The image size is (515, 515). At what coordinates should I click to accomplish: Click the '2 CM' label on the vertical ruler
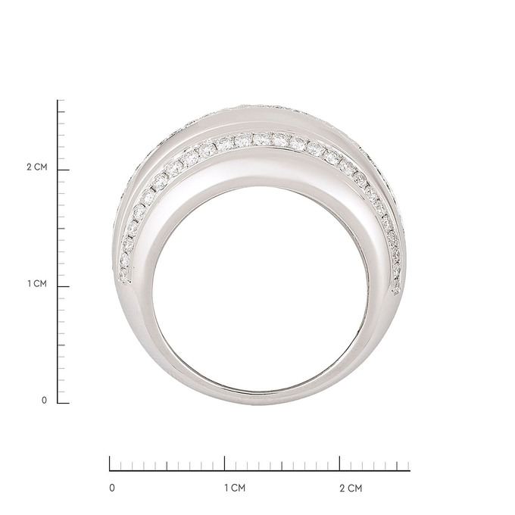pyautogui.click(x=37, y=167)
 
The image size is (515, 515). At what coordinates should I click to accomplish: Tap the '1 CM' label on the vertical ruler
pyautogui.click(x=37, y=284)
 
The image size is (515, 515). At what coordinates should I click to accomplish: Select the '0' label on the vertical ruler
pyautogui.click(x=45, y=401)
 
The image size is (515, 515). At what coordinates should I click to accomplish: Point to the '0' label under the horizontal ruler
pyautogui.click(x=112, y=488)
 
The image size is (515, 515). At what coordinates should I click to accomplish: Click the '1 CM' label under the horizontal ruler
pyautogui.click(x=236, y=488)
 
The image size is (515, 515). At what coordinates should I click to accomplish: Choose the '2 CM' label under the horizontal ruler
pyautogui.click(x=351, y=488)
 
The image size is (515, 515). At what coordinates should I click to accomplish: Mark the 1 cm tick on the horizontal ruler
pyautogui.click(x=225, y=463)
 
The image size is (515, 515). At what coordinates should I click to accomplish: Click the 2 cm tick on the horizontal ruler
pyautogui.click(x=339, y=463)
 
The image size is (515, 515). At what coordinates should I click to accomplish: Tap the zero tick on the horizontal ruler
pyautogui.click(x=110, y=463)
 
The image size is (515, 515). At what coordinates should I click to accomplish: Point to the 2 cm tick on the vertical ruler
pyautogui.click(x=64, y=170)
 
